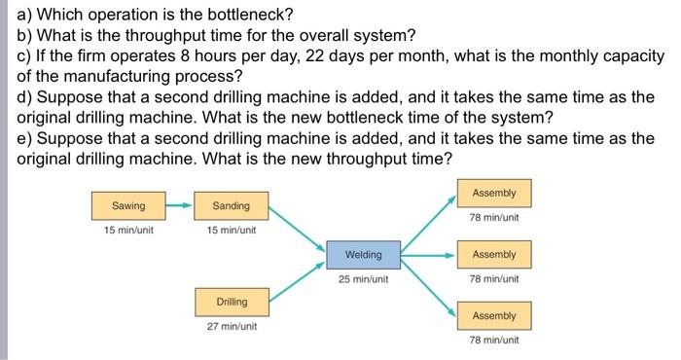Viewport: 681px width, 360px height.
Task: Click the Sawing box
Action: pyautogui.click(x=128, y=206)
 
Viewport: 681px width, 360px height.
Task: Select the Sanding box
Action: pyautogui.click(x=231, y=206)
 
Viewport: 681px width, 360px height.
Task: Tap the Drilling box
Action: pyautogui.click(x=232, y=302)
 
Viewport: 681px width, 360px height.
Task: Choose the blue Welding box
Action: pyautogui.click(x=364, y=255)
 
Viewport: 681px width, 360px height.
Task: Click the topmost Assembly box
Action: pyautogui.click(x=493, y=193)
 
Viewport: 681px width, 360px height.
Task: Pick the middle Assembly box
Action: pyautogui.click(x=493, y=255)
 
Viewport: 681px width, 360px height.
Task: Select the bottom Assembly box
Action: pyautogui.click(x=493, y=316)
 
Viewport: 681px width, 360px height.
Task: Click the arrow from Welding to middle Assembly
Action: pyautogui.click(x=428, y=255)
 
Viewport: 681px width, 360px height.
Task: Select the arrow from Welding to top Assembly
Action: pyautogui.click(x=428, y=223)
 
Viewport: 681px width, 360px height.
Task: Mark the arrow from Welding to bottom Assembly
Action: pyautogui.click(x=428, y=286)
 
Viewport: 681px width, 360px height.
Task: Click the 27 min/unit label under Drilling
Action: pyautogui.click(x=232, y=327)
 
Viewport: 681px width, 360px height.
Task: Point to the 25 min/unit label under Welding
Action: pyautogui.click(x=364, y=279)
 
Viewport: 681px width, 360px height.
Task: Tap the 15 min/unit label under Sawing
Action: pyautogui.click(x=128, y=231)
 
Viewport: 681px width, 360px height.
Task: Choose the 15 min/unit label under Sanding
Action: pyautogui.click(x=231, y=231)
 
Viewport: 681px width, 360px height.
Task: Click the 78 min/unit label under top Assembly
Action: pyautogui.click(x=493, y=217)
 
